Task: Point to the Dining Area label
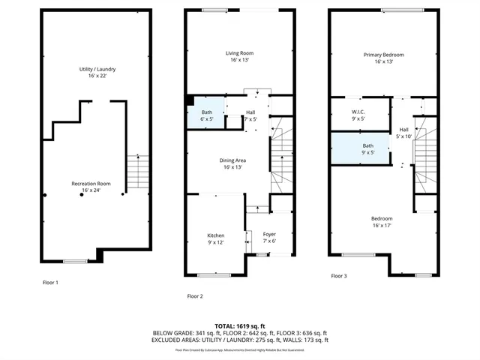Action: pyautogui.click(x=235, y=163)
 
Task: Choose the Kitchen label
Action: pyautogui.click(x=215, y=238)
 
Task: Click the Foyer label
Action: pyautogui.click(x=269, y=238)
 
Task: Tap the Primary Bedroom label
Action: pyautogui.click(x=383, y=58)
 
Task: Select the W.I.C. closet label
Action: pyautogui.click(x=358, y=114)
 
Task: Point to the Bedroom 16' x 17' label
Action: pyautogui.click(x=382, y=222)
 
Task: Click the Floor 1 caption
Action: pyautogui.click(x=50, y=282)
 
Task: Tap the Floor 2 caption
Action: pyautogui.click(x=195, y=296)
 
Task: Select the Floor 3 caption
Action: pyautogui.click(x=339, y=276)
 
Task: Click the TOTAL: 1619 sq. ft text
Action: pyautogui.click(x=240, y=326)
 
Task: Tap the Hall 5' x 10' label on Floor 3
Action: pyautogui.click(x=404, y=133)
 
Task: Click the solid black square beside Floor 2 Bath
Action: pyautogui.click(x=191, y=100)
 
